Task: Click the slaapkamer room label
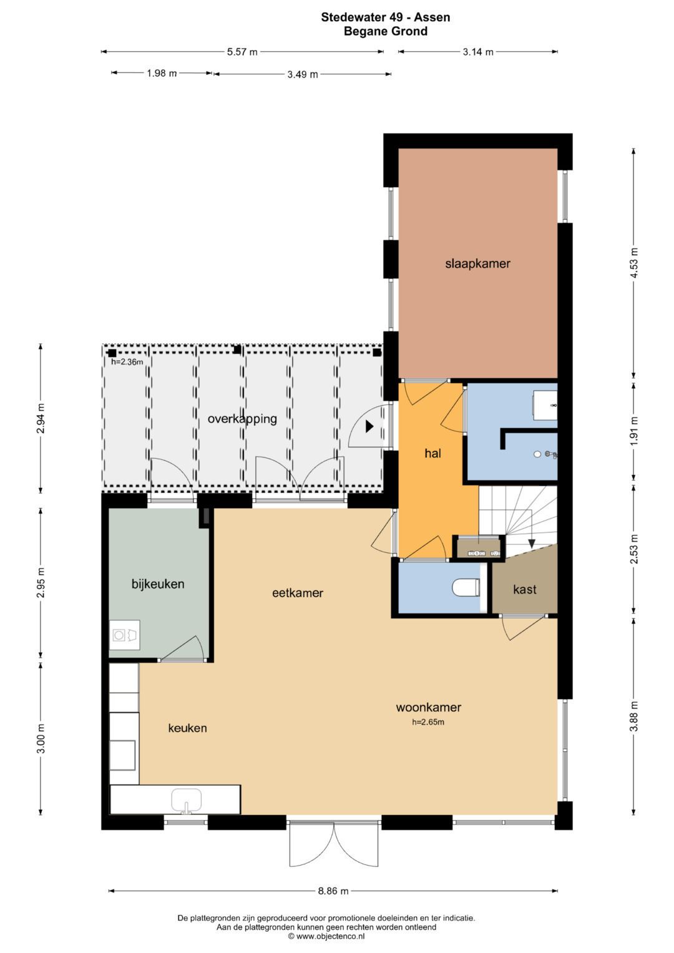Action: [477, 264]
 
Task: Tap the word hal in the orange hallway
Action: [432, 453]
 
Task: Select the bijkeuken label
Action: [158, 584]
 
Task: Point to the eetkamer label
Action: [298, 593]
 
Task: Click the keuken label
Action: [187, 728]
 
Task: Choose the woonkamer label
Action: [429, 707]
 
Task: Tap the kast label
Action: [525, 589]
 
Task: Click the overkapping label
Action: [242, 419]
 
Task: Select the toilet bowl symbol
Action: [466, 587]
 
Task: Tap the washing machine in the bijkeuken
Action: [125, 635]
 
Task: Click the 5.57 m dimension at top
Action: [242, 52]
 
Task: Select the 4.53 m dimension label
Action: [635, 262]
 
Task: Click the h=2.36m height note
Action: [127, 362]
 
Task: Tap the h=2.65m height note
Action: [428, 722]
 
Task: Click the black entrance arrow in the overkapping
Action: [369, 426]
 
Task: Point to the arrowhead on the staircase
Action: [532, 544]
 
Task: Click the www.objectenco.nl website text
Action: [330, 936]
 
